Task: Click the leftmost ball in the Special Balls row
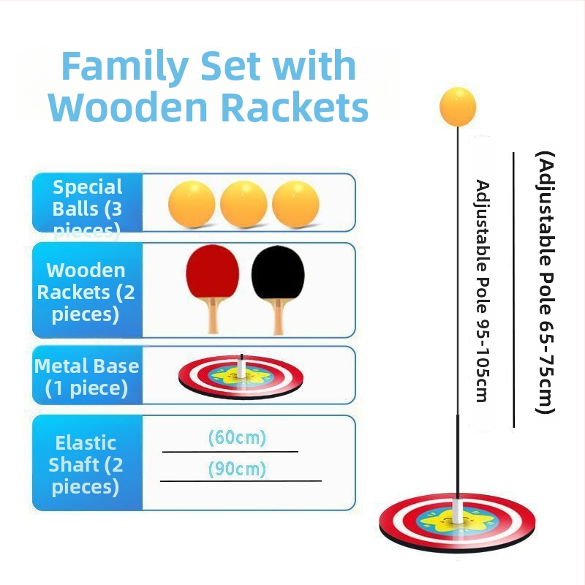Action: coord(192,204)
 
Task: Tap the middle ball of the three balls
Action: coord(244,204)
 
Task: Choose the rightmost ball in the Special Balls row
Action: coord(295,204)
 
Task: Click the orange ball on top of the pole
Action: coord(458,106)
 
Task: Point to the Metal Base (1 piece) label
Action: coord(87,376)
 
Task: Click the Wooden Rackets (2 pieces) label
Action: coord(87,292)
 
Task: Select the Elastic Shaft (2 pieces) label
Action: coord(87,464)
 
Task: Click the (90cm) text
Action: coord(237,468)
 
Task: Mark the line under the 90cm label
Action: coord(241,480)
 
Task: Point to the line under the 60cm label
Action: coord(230,452)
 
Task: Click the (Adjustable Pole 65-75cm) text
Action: coord(546,282)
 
